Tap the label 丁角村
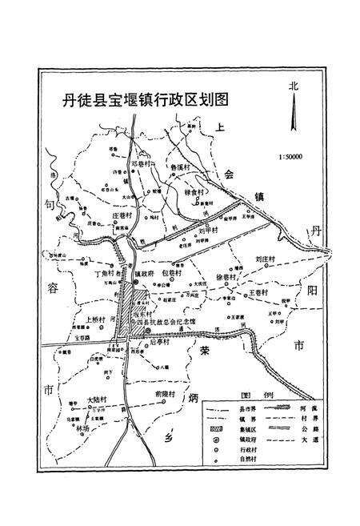[x=106, y=272]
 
